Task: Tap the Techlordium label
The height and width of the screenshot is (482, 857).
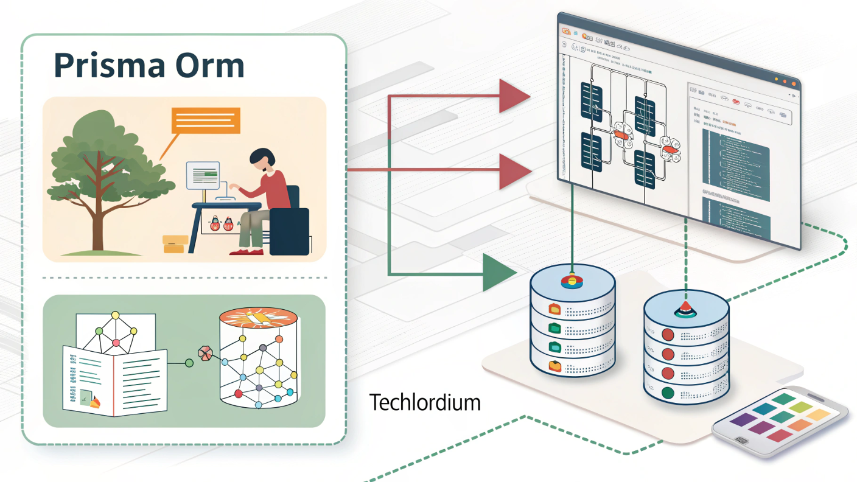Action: (424, 402)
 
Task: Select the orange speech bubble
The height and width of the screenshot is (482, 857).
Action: (205, 120)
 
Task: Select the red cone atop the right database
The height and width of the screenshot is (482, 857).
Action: (685, 308)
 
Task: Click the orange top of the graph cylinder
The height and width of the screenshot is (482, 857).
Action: (259, 318)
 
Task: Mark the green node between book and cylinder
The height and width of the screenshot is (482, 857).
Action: (189, 363)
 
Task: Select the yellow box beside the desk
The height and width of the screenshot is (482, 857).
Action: (174, 245)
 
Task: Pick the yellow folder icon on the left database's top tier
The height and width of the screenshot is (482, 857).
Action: (555, 308)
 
